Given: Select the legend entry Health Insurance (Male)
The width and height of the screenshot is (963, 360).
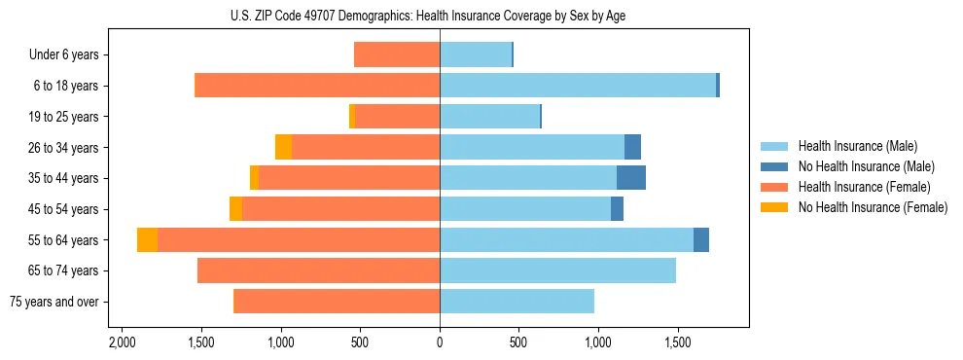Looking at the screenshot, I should (857, 146).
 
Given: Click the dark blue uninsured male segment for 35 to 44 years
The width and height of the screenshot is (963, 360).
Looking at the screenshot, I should (631, 178).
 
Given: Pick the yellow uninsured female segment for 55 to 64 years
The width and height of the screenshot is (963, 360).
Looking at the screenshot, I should (147, 239).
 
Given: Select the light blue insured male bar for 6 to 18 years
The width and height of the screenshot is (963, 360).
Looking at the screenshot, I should (578, 86).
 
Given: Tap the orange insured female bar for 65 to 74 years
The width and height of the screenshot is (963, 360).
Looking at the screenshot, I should (318, 270).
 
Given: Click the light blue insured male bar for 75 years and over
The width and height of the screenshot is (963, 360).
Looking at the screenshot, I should (517, 302).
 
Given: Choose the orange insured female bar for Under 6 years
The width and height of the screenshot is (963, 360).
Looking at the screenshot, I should (397, 54).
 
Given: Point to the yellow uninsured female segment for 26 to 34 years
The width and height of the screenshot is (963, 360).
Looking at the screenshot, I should (283, 147).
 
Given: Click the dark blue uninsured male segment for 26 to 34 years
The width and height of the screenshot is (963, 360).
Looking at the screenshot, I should (632, 147).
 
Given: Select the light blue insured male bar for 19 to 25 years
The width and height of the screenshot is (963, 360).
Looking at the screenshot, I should (489, 117).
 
